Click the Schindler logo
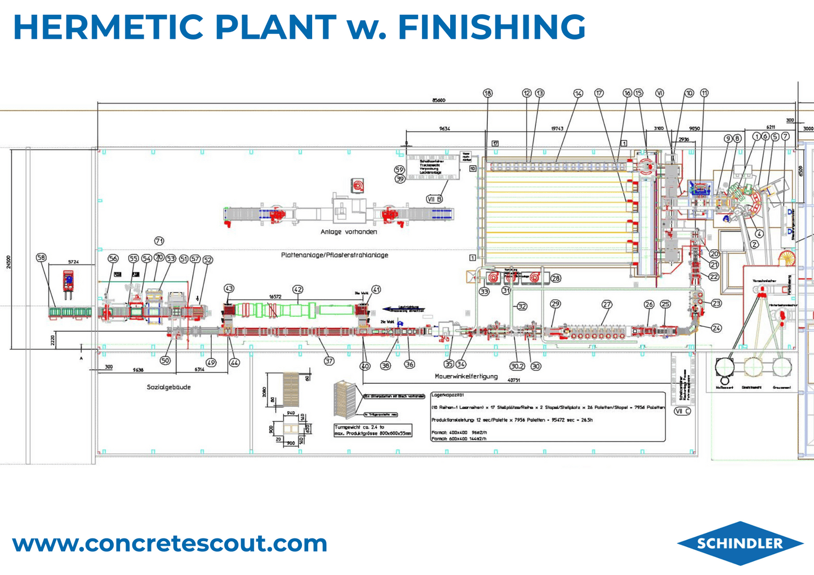(740, 543)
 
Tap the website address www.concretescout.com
(170, 543)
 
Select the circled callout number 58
(41, 258)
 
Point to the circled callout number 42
(297, 289)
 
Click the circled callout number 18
(488, 93)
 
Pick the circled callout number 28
(555, 278)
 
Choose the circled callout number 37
(329, 361)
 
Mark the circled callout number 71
(159, 241)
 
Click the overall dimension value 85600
(438, 100)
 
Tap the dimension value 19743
(557, 129)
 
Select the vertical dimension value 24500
(8, 262)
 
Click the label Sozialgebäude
(168, 387)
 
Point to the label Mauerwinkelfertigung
(466, 376)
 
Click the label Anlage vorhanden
(349, 232)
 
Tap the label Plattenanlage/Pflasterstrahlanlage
(334, 255)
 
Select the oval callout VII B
(434, 199)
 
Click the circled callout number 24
(716, 327)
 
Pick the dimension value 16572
(275, 296)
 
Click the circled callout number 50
(165, 360)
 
